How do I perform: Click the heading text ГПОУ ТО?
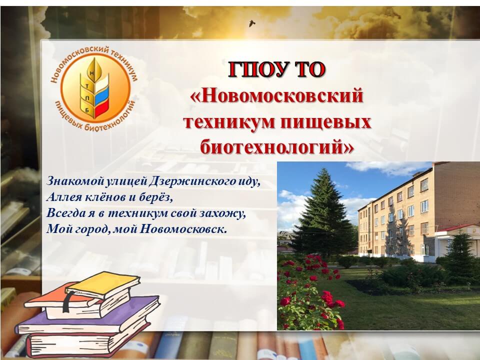[276, 70]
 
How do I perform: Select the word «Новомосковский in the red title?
[276, 95]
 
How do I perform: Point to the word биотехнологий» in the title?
[277, 146]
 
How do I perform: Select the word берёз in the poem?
[156, 197]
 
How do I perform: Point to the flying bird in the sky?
[252, 23]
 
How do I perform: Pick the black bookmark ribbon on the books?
[68, 301]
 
